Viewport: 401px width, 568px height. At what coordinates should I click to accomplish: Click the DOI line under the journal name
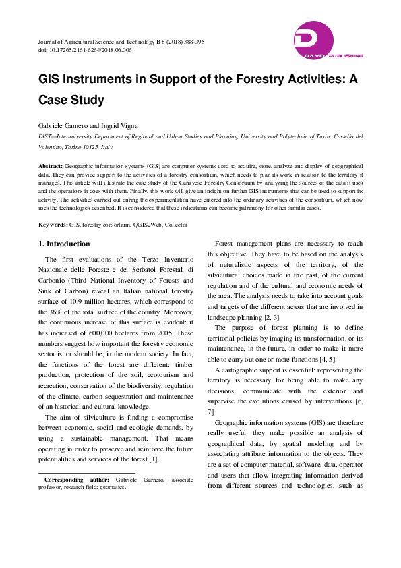85,50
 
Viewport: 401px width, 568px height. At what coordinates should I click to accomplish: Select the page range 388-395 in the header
191,42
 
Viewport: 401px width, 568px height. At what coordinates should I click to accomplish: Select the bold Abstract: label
51,165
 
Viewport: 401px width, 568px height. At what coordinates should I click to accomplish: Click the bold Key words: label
53,225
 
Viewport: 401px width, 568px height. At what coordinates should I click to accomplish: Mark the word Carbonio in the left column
57,280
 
